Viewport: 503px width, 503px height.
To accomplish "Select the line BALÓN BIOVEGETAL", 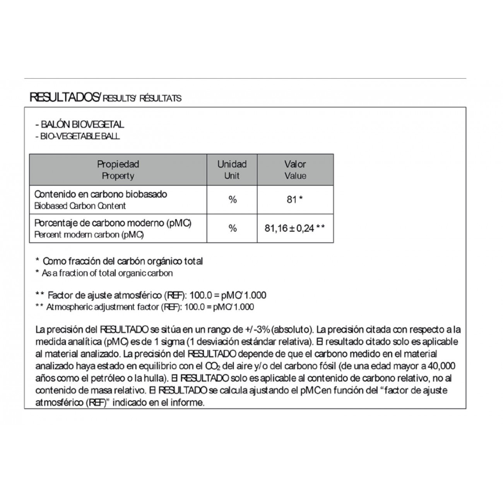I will point(80,125).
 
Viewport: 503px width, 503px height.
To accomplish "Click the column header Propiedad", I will point(118,164).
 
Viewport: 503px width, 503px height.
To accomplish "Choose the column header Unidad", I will point(232,164).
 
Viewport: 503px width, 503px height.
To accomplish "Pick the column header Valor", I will point(295,164).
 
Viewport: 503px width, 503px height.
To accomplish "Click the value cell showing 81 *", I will point(295,200).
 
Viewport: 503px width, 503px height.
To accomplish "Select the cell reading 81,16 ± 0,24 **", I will point(295,228).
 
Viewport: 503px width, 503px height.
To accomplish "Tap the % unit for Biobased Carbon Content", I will point(232,200).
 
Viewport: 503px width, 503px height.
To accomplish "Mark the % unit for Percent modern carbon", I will point(232,228).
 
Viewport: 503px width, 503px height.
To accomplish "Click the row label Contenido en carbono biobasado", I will point(101,194).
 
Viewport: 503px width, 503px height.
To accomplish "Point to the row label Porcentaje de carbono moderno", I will point(113,223).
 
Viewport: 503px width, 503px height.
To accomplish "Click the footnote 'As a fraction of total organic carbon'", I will point(107,273).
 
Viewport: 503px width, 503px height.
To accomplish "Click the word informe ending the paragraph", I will point(190,402).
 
